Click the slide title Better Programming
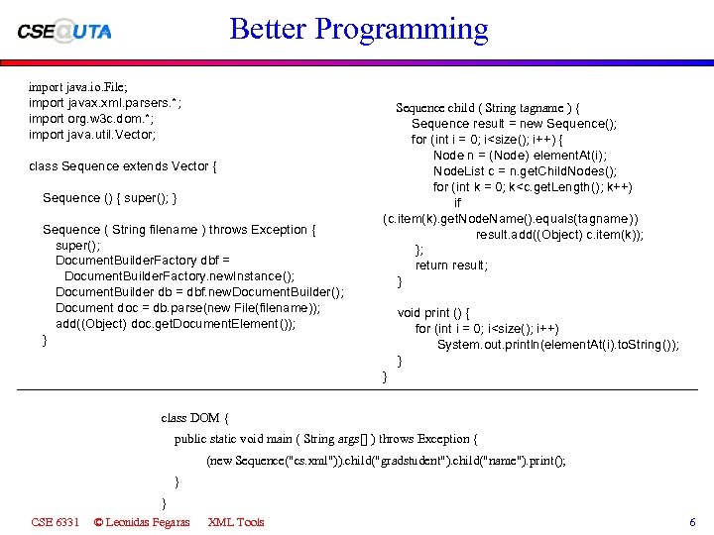click(358, 29)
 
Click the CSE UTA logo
click(64, 31)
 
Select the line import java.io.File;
click(78, 87)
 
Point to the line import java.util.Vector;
click(92, 135)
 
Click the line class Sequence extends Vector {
click(124, 166)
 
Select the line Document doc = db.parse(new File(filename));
click(187, 308)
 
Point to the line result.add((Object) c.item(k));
click(559, 235)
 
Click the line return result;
click(451, 266)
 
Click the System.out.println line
click(557, 345)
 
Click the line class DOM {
click(195, 418)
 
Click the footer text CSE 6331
click(56, 522)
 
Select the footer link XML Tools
click(236, 522)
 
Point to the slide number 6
click(692, 522)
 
